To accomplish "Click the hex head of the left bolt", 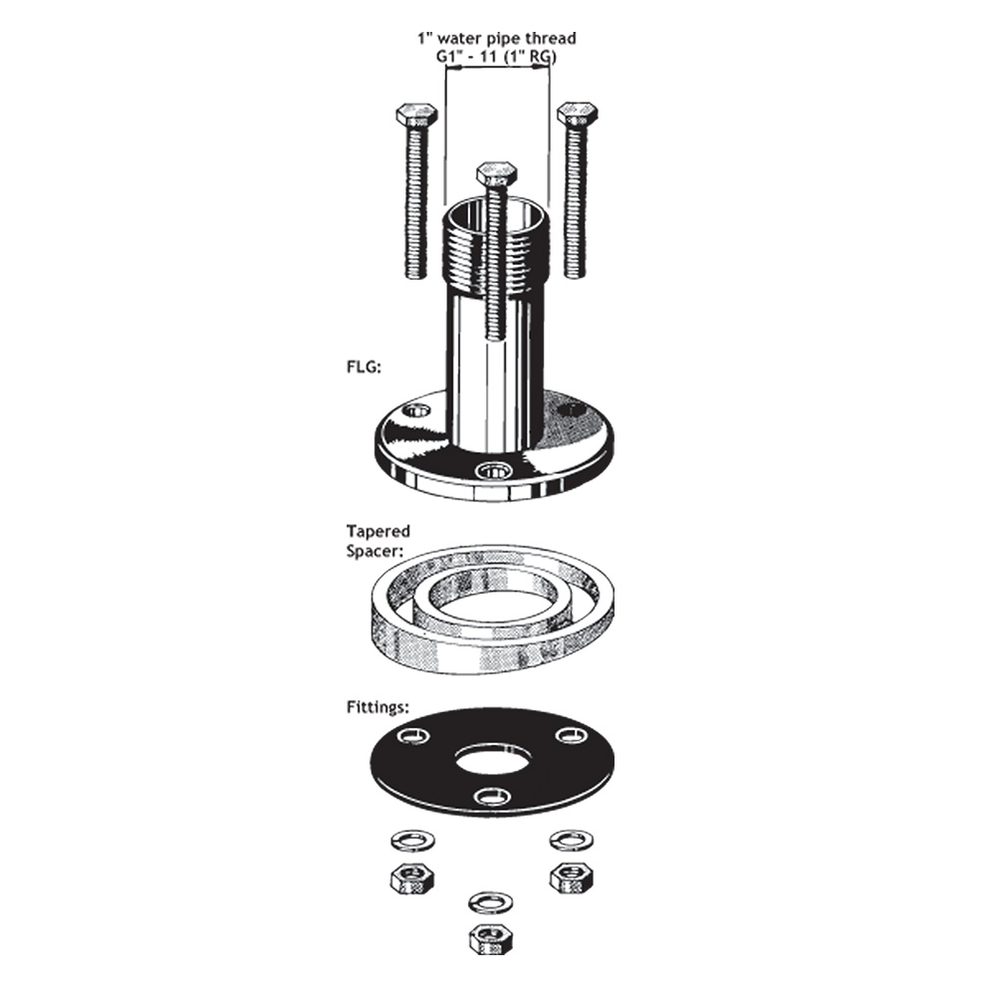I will [x=416, y=115].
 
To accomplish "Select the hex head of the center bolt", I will [x=496, y=174].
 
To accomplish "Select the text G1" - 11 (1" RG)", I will [x=496, y=58].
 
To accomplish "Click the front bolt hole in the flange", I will [x=492, y=470].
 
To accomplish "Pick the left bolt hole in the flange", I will [x=417, y=409].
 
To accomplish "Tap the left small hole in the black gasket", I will [x=412, y=736].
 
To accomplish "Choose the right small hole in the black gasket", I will [x=570, y=735].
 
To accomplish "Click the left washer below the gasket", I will [x=409, y=840].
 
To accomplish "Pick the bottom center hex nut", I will [x=490, y=937].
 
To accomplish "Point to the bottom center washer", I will [x=489, y=901].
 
